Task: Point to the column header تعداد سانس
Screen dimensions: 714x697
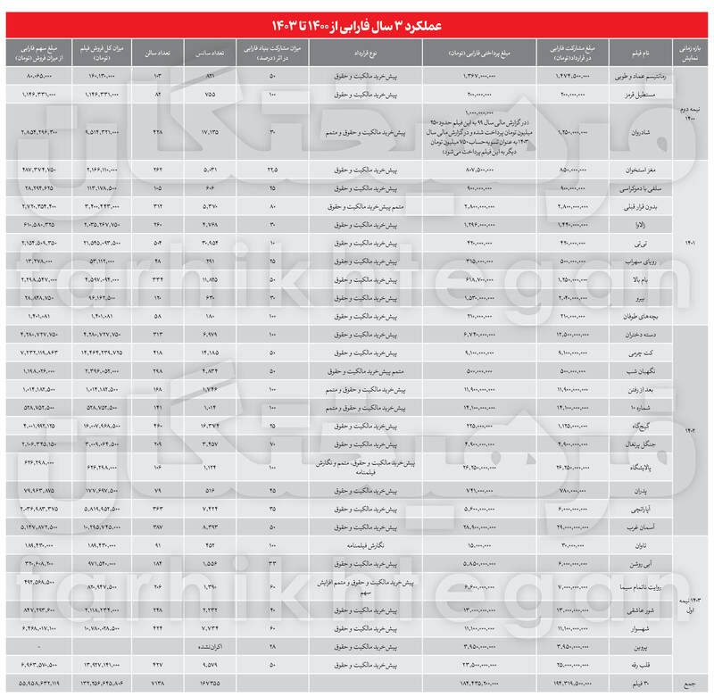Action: pyautogui.click(x=209, y=50)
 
